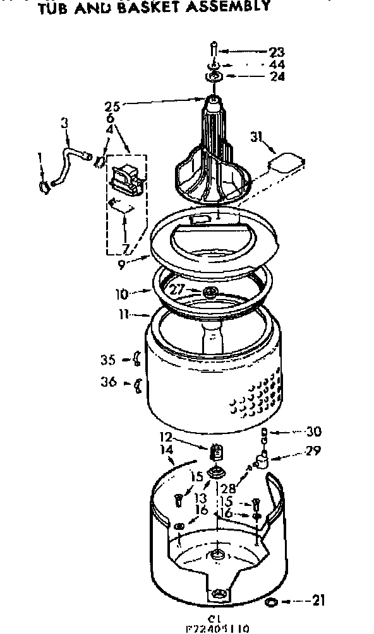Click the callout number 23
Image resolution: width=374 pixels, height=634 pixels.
point(276,52)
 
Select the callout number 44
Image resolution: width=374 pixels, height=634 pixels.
point(276,64)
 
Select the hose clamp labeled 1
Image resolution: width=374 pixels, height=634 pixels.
point(43,185)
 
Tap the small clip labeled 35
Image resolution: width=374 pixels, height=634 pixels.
point(135,361)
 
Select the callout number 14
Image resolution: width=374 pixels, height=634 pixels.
point(167,450)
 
